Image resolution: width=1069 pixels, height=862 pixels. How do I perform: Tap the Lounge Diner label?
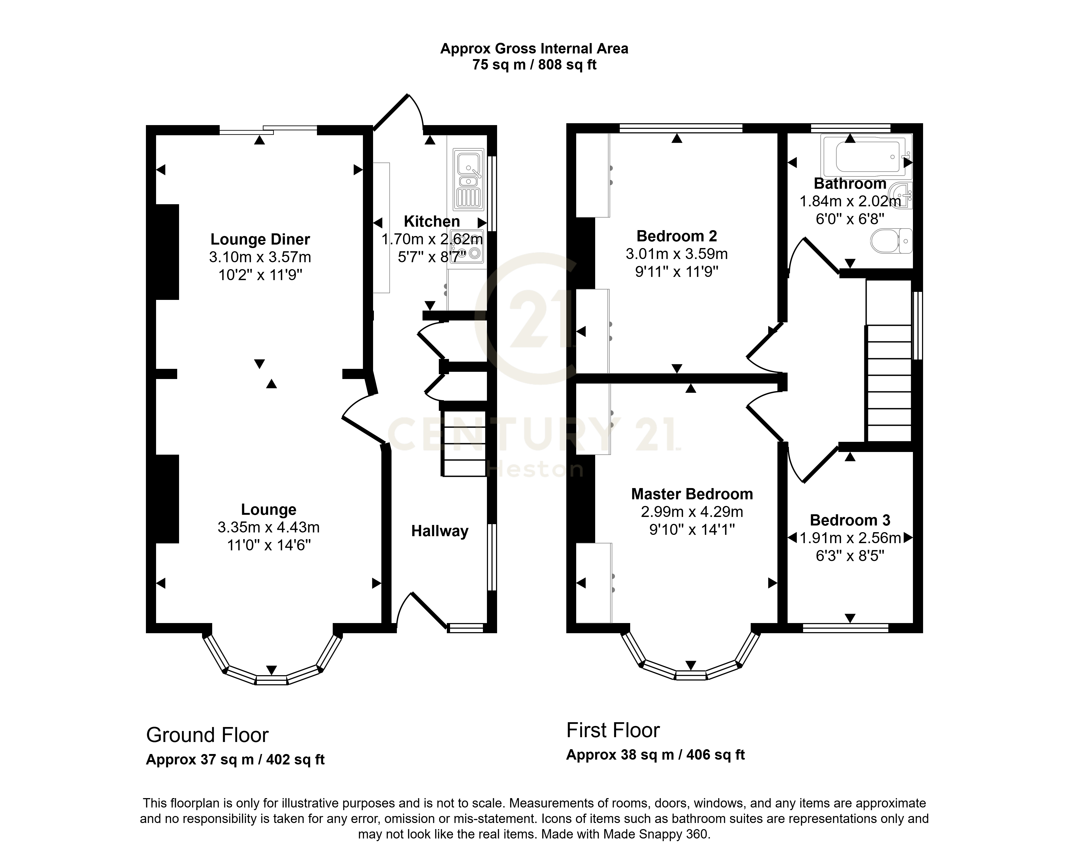click(260, 239)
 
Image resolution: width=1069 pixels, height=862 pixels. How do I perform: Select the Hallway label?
click(440, 531)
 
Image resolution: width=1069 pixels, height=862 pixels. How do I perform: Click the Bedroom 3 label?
click(850, 520)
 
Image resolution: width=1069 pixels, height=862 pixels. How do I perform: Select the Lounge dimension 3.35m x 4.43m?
click(269, 527)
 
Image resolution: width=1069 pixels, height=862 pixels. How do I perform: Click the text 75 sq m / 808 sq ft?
click(534, 65)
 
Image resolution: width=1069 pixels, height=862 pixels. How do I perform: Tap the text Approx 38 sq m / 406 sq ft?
click(655, 755)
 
